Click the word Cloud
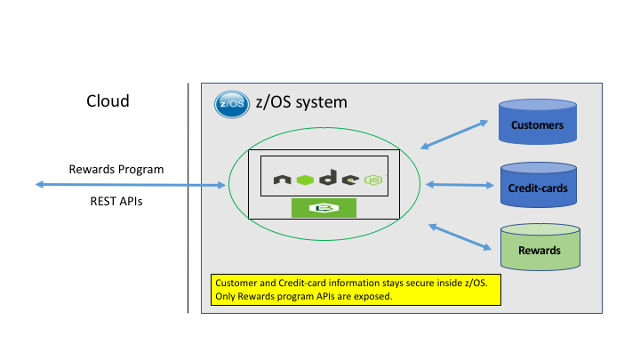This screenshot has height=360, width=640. coord(108,101)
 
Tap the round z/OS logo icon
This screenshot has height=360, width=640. coord(229,104)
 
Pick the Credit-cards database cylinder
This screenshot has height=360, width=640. coord(537,187)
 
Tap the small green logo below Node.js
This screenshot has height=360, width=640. coord(324,208)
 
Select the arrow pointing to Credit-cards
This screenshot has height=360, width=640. coord(460,185)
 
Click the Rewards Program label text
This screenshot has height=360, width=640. coord(116,169)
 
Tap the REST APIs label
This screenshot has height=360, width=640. coord(116,202)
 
